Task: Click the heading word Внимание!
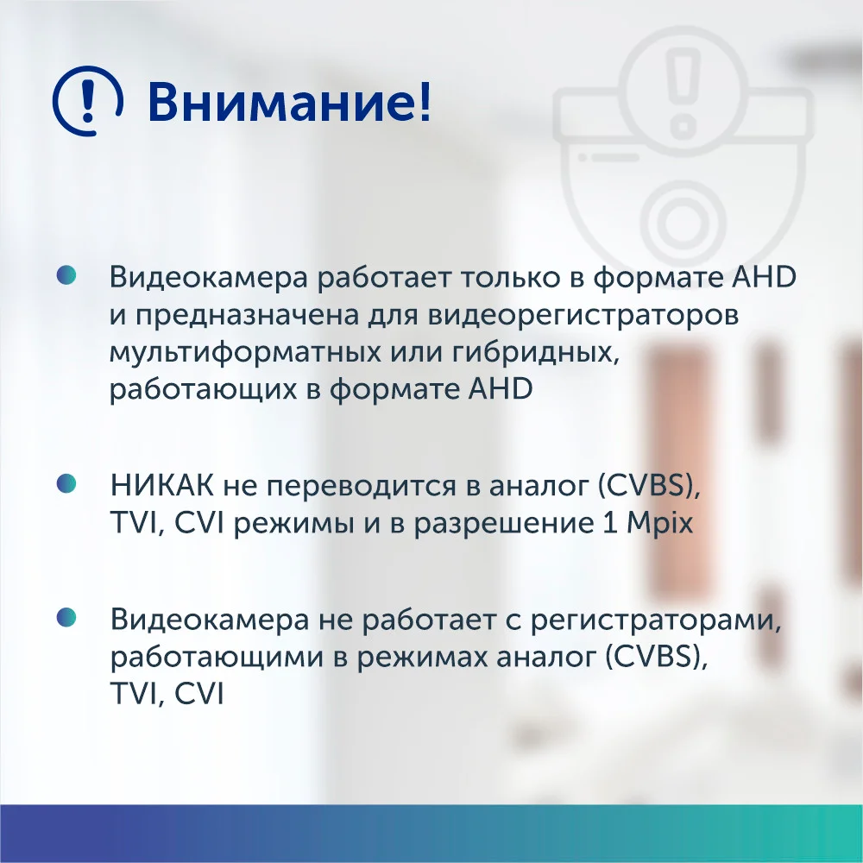[289, 103]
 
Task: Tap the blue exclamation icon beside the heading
[87, 101]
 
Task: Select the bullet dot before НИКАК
[66, 484]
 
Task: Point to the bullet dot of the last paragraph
[66, 618]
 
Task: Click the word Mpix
[659, 524]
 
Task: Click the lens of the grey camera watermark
[683, 221]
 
